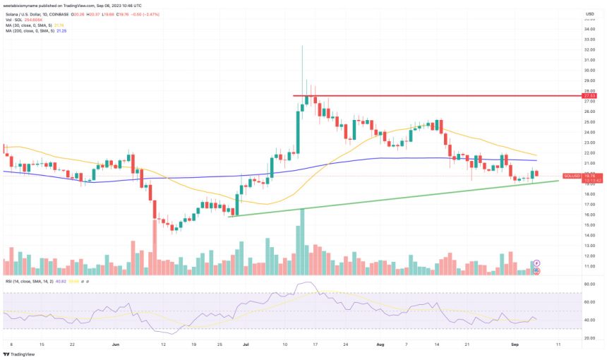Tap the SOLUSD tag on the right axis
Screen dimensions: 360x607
(572, 176)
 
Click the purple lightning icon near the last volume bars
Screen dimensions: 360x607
(537, 263)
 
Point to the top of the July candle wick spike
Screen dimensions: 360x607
(302, 46)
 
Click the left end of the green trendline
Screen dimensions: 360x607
(229, 216)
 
